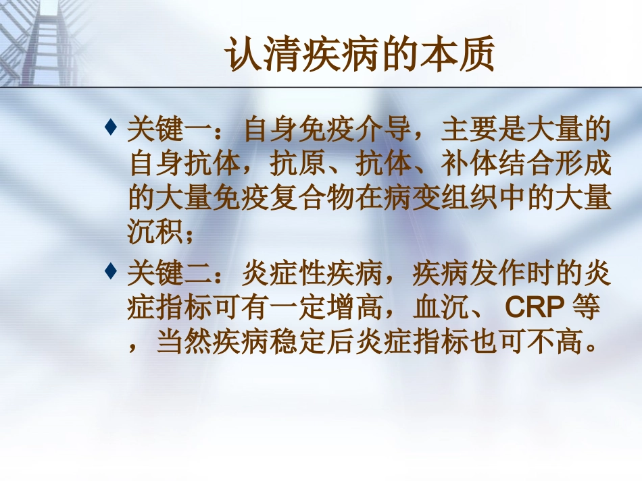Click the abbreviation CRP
[x=534, y=308]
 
